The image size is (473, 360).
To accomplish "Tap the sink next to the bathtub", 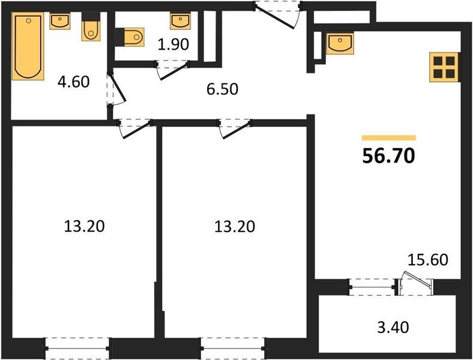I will click(60, 21).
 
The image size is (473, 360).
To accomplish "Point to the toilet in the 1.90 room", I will click(132, 37).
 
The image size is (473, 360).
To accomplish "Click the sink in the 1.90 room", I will click(180, 22).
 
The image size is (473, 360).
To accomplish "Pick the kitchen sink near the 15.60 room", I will click(340, 43).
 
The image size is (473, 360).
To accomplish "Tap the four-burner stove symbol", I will click(445, 67).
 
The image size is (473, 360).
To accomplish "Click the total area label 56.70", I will click(388, 156).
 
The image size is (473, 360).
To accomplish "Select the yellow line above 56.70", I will click(388, 138).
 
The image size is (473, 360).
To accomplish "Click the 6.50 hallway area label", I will click(222, 89).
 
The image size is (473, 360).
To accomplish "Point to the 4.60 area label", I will click(73, 82).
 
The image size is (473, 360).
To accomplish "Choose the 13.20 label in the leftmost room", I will click(84, 226).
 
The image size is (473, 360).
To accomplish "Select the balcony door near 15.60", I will click(415, 283).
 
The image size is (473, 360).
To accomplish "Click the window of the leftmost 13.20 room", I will click(78, 346).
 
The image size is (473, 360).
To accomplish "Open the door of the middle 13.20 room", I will click(234, 127).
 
